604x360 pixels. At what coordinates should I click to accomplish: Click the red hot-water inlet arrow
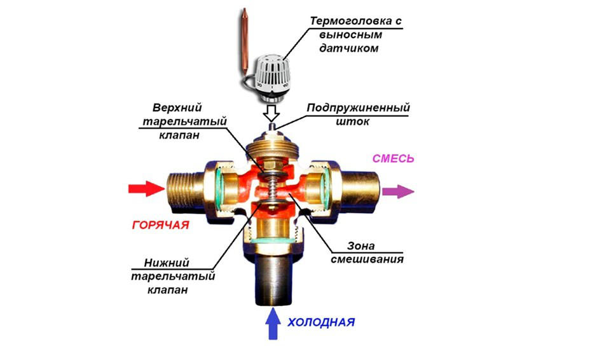pos(146,188)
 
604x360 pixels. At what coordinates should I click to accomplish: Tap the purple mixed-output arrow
pos(397,191)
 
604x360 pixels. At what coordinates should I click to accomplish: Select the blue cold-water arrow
pos(273,323)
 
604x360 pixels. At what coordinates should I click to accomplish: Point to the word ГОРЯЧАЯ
pos(161,225)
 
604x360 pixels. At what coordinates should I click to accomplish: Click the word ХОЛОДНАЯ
pos(321,322)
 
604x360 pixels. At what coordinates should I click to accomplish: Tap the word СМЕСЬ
pos(393,158)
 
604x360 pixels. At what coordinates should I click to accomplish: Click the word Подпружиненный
pos(358,107)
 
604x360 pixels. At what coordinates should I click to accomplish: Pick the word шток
pos(353,121)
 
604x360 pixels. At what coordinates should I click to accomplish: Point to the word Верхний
pos(177,107)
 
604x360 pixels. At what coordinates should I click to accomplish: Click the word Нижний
pos(167,263)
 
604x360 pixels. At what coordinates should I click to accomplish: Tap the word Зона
pos(361,246)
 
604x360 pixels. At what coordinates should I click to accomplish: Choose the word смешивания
pos(367,259)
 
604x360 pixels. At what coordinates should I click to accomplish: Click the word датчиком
pos(349,48)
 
